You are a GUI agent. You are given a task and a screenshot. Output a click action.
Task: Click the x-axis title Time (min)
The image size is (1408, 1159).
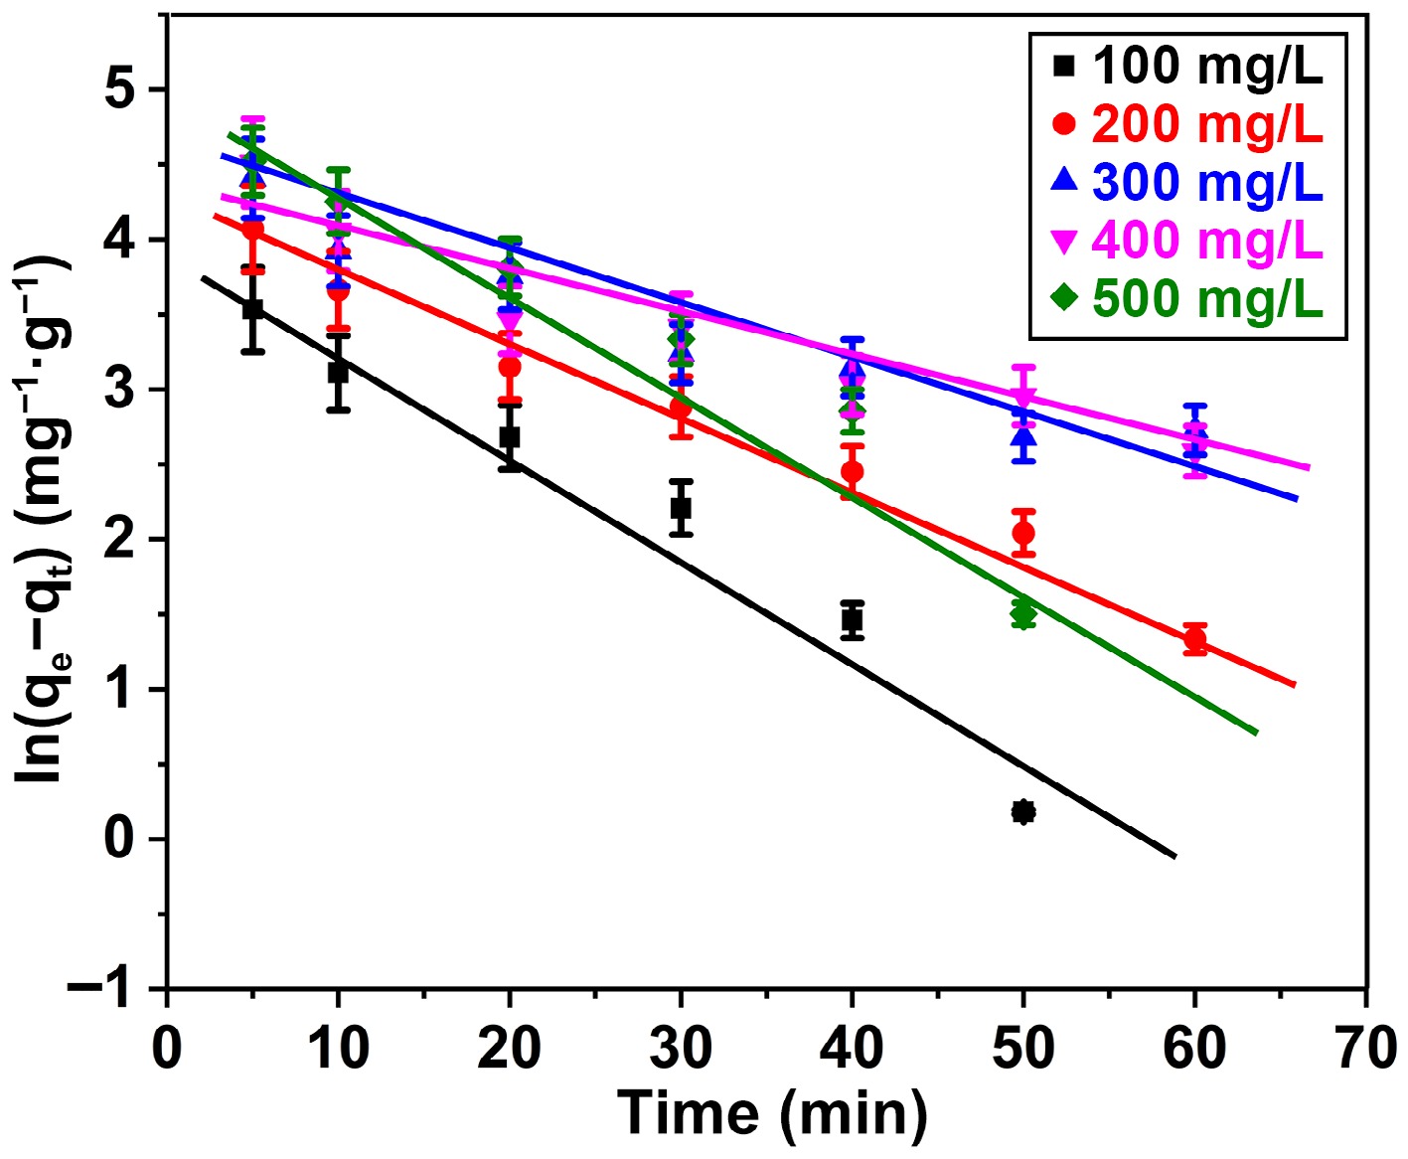(772, 1113)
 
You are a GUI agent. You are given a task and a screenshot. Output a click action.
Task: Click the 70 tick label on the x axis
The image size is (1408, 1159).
(1365, 1049)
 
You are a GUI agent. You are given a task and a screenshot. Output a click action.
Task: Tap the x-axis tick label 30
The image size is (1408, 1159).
(681, 1049)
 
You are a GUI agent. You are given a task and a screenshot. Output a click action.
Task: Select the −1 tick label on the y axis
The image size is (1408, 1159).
(100, 989)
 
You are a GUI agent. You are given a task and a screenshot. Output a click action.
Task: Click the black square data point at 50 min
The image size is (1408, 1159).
(1023, 812)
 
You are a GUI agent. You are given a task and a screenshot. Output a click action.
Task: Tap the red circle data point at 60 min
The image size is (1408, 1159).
(1195, 639)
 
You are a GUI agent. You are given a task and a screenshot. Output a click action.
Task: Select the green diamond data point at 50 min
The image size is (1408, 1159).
(1023, 613)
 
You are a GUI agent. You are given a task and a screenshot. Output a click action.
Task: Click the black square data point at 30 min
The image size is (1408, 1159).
(681, 508)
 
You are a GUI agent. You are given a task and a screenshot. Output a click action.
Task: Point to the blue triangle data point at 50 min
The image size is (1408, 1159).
(1023, 437)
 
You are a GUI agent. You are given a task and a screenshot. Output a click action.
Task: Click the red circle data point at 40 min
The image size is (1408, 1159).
(852, 471)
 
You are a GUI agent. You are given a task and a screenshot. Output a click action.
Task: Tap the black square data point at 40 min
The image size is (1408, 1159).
(852, 620)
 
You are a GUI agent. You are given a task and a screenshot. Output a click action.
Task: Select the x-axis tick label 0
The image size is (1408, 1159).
(167, 1049)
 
